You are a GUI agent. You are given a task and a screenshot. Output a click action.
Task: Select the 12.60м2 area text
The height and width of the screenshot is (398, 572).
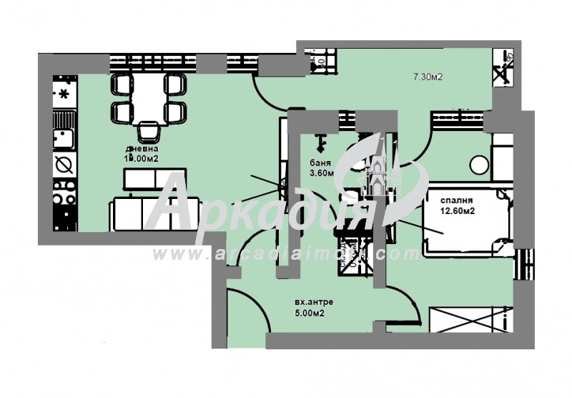tap(458, 210)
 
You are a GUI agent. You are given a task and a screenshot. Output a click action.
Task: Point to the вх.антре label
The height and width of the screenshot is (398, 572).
tap(312, 301)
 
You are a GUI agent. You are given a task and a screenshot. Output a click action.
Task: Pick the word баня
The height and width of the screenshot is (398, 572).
tap(320, 162)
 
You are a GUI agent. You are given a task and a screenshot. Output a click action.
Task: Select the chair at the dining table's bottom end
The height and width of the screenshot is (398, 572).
tap(149, 131)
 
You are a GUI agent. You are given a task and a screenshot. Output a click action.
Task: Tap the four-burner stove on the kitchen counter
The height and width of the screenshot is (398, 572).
tap(65, 191)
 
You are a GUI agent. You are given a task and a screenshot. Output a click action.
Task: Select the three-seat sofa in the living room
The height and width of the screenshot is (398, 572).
tap(153, 213)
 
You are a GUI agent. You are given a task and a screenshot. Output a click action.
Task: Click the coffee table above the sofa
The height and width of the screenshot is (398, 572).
tap(155, 178)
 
